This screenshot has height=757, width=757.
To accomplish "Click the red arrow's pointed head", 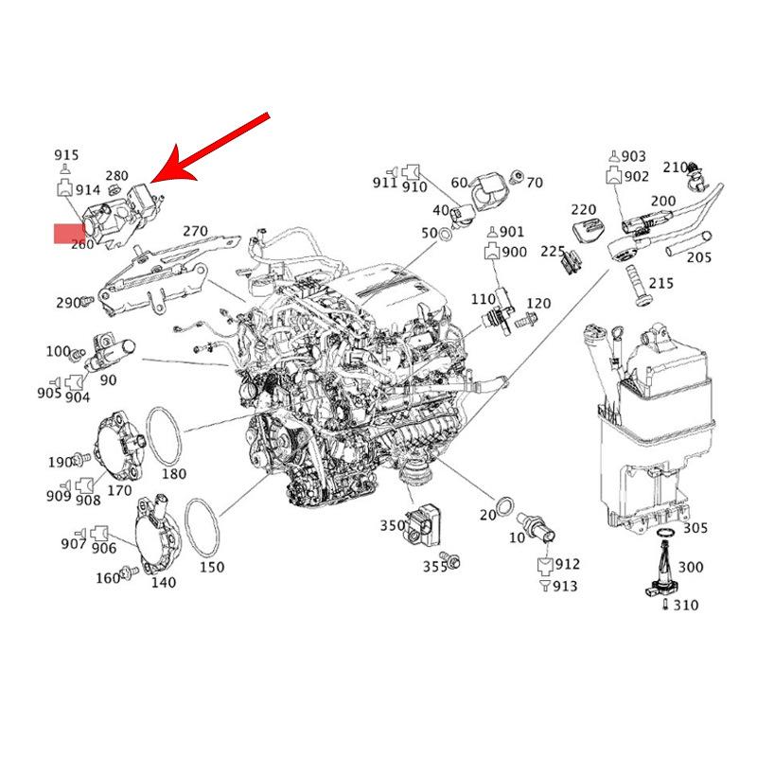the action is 151,182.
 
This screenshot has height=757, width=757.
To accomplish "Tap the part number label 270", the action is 196,231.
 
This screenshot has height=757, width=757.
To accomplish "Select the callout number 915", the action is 66,155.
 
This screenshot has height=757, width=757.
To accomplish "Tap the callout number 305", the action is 695,528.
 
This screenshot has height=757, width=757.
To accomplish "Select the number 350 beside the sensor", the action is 393,525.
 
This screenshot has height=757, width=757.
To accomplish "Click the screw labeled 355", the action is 452,561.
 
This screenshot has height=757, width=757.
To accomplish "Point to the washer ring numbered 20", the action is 505,506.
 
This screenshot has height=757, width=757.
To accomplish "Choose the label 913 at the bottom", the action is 565,586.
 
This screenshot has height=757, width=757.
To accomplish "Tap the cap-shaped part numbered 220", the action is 588,231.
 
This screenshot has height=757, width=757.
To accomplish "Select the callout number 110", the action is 484,299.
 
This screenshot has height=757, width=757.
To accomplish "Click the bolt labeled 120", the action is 525,320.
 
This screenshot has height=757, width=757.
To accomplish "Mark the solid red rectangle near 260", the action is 69,234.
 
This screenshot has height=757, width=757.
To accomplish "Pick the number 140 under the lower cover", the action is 163,582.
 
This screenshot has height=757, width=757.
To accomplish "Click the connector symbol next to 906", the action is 100,532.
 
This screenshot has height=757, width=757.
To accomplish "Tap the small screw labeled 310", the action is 666,604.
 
